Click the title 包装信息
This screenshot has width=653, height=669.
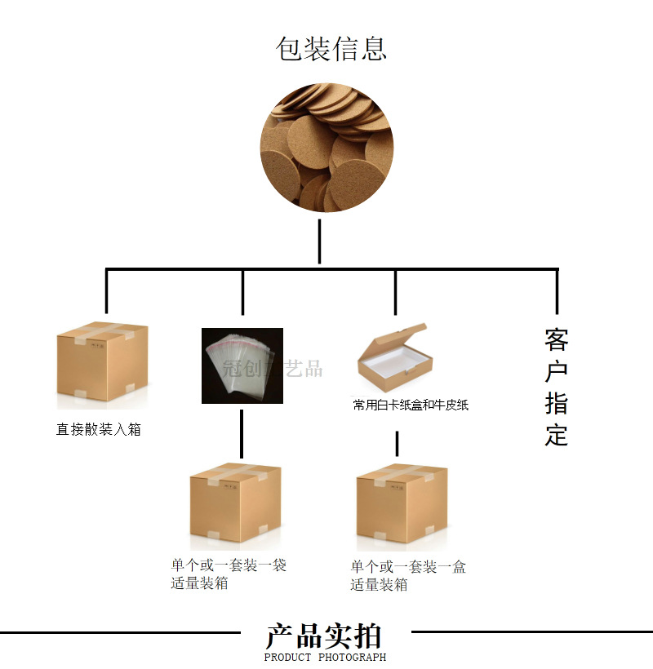pos(331,49)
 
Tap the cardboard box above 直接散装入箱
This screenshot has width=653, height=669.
pos(102,364)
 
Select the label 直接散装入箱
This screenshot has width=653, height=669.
pos(99,429)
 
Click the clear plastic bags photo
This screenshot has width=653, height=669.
pos(242,366)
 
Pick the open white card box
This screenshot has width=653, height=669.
pos(395,359)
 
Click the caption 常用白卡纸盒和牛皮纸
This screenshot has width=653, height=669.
pos(411,405)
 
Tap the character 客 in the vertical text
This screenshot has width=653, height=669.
pos(556,339)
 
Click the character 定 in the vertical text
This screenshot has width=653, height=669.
pos(556,434)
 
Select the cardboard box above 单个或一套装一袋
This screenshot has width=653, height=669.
pos(235,504)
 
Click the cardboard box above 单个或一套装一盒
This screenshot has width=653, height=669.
pos(402,504)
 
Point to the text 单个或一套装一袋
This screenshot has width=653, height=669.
pos(229,565)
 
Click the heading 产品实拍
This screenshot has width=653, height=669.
pos(324,636)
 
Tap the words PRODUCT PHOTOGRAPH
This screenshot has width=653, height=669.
pos(325,657)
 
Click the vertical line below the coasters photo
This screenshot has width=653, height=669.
pos(319,241)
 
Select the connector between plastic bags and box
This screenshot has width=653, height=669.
pos(242,432)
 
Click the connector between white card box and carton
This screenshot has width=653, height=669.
pos(397,444)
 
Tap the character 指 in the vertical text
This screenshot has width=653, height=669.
pos(556,403)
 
